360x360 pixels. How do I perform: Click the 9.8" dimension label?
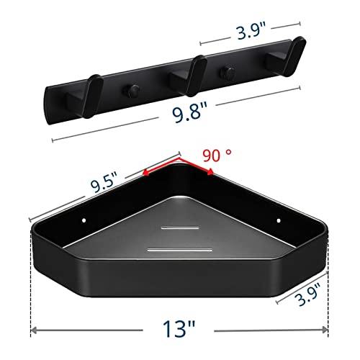(x=190, y=112)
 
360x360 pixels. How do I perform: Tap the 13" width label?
(x=179, y=328)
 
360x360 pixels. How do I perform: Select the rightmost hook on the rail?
(x=289, y=55)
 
